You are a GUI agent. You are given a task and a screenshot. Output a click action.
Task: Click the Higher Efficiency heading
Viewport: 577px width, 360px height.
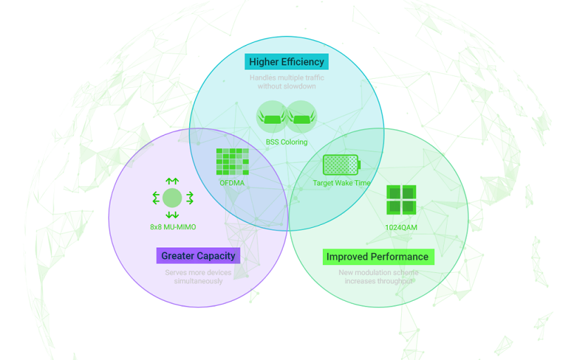click(x=286, y=62)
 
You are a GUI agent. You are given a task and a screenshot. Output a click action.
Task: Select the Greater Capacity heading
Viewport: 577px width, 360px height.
click(x=198, y=256)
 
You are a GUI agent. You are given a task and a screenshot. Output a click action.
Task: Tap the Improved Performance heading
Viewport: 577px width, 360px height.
click(x=377, y=257)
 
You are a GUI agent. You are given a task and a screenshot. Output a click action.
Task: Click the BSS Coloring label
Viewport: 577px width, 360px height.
click(x=286, y=142)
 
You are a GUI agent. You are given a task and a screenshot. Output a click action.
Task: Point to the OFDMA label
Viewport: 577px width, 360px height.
click(x=232, y=183)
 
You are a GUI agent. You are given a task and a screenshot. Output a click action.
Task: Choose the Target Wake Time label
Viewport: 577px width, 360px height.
click(x=341, y=183)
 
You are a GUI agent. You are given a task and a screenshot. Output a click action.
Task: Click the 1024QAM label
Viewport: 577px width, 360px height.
click(x=401, y=227)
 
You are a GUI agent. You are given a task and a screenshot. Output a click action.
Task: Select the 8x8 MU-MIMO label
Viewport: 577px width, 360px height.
click(x=172, y=227)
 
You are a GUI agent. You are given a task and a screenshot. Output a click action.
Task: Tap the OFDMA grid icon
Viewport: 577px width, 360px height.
click(x=232, y=162)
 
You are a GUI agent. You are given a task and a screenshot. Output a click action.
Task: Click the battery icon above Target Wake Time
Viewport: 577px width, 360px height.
click(x=341, y=165)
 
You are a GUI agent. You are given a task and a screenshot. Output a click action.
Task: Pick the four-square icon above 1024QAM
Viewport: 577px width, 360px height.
click(x=401, y=200)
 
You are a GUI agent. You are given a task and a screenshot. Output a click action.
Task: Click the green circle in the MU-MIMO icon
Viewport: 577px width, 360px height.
click(x=172, y=198)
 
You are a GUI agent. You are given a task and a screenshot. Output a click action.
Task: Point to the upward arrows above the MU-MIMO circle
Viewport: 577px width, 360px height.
click(x=172, y=181)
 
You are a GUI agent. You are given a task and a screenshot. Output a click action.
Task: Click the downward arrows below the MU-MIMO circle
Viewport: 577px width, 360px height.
click(x=172, y=214)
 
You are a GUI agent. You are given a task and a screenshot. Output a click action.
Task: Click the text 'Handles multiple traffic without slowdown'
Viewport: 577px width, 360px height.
click(x=286, y=82)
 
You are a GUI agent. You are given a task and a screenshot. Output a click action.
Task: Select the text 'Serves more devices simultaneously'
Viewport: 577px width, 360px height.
click(x=198, y=276)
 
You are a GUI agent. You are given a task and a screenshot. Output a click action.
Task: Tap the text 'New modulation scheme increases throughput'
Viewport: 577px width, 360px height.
click(x=378, y=276)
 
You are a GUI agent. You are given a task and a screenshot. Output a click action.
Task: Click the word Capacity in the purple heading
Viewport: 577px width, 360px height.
click(x=216, y=256)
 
